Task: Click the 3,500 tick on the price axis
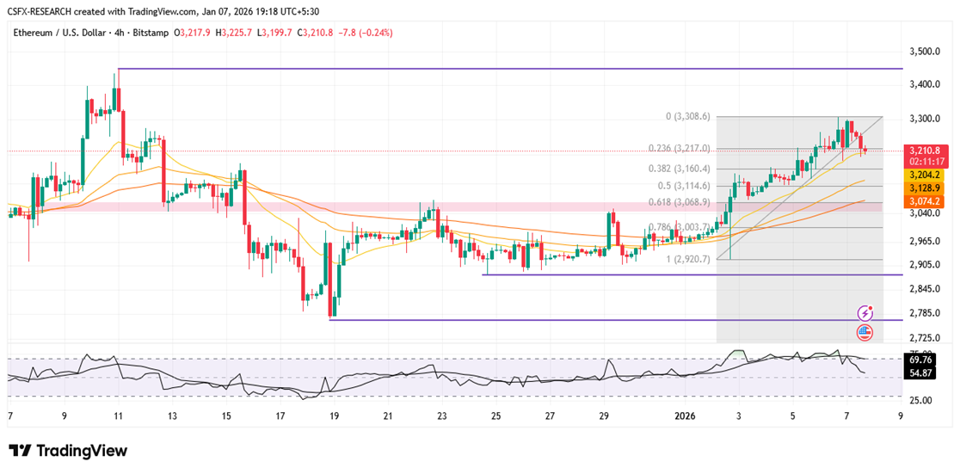coord(926,52)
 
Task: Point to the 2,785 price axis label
coord(926,313)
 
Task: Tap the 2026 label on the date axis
coord(685,416)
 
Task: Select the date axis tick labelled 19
coord(335,416)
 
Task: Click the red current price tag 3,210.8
coord(927,151)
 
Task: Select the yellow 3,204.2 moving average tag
coord(927,175)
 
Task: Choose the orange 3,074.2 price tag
coord(927,200)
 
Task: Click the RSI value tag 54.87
coord(922,373)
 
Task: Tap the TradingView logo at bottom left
coord(68,451)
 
